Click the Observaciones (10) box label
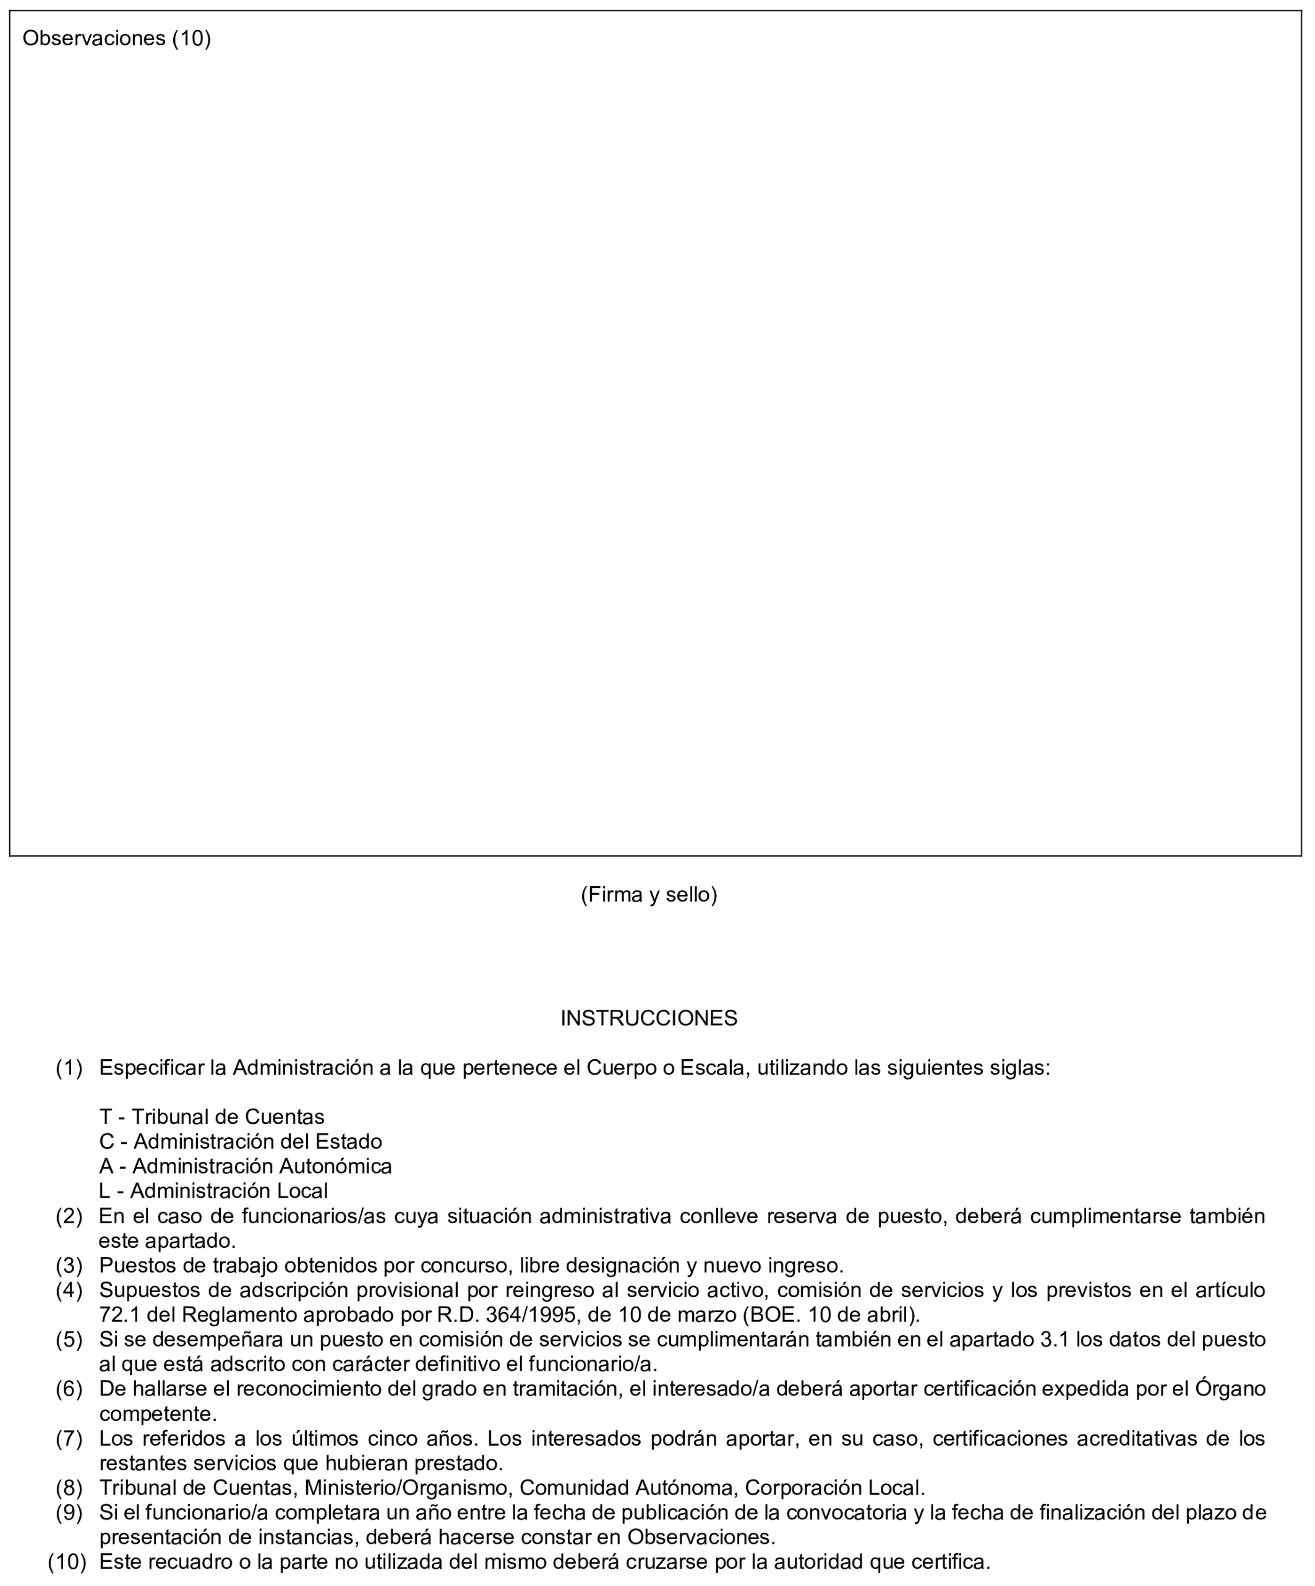(116, 38)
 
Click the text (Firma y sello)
(649, 894)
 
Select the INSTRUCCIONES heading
(649, 1018)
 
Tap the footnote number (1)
(69, 1068)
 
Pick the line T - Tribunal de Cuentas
(212, 1116)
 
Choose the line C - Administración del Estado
(240, 1141)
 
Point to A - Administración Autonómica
(246, 1166)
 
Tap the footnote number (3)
(69, 1265)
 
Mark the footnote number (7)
(69, 1439)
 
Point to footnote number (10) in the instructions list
(67, 1562)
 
